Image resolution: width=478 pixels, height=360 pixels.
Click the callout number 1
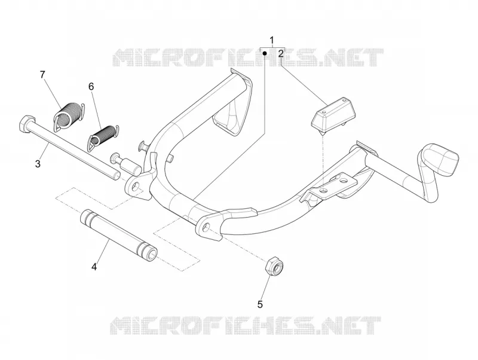tap(272, 40)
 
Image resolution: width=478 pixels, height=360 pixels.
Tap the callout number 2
tap(281, 54)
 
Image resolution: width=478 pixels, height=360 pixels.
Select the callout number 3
tap(38, 164)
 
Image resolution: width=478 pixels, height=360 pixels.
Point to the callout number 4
tap(94, 267)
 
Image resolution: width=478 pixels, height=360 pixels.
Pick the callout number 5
tap(260, 304)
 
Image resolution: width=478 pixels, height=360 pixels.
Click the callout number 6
tap(91, 87)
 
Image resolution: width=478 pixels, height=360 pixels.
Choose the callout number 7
tap(42, 74)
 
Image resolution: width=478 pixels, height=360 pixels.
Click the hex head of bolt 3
tap(24, 123)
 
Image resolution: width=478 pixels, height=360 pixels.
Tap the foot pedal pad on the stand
tap(439, 159)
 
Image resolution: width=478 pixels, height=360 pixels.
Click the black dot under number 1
tap(265, 53)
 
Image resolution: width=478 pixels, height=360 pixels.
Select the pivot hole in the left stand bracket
tap(136, 185)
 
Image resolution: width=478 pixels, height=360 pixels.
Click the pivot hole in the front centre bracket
tap(207, 227)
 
